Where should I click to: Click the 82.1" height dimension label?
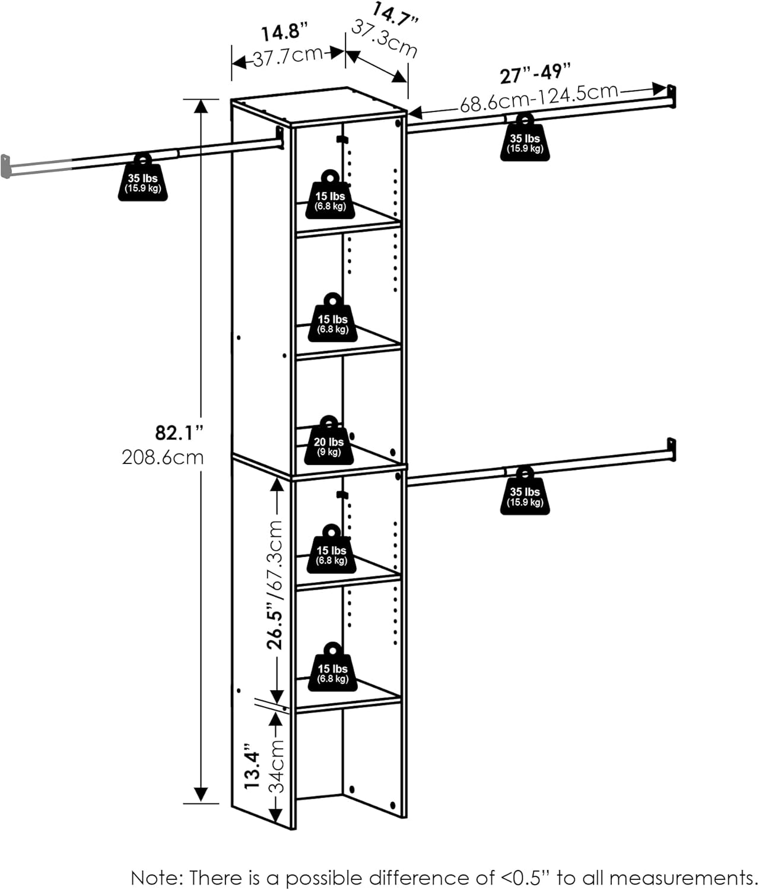(x=179, y=433)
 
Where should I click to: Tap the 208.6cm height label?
(x=163, y=457)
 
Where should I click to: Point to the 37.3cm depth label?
(x=385, y=38)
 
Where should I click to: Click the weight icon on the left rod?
(x=142, y=178)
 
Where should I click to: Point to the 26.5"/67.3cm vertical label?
(x=277, y=585)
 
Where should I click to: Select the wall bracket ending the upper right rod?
(x=671, y=96)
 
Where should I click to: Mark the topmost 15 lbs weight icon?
(x=330, y=196)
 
